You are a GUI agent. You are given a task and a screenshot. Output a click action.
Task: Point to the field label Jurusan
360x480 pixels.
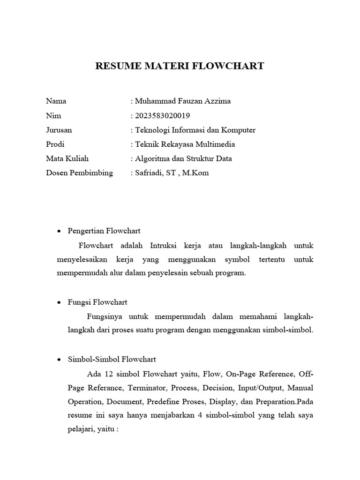(x=59, y=130)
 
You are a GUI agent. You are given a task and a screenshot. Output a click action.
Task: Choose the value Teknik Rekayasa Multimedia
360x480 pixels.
(x=185, y=144)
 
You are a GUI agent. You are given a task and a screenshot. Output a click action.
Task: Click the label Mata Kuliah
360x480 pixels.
(x=67, y=158)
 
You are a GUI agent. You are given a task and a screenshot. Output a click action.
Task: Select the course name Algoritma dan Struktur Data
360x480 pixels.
(x=183, y=158)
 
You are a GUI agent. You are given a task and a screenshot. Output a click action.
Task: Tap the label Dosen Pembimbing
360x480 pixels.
(x=79, y=173)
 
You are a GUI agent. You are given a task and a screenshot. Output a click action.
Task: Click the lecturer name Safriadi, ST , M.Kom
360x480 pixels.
(x=172, y=173)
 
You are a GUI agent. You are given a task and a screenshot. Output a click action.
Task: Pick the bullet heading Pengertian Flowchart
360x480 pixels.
(x=104, y=231)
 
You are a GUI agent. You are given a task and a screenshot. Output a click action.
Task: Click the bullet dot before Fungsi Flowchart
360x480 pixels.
(x=59, y=303)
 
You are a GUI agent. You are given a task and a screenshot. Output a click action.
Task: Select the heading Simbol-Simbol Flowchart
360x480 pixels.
(x=112, y=360)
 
